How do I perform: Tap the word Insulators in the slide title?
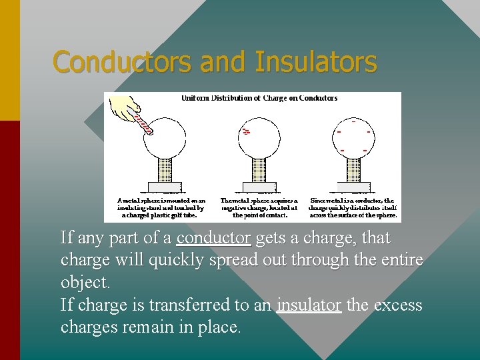pyautogui.click(x=316, y=62)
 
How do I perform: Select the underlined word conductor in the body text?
pyautogui.click(x=213, y=238)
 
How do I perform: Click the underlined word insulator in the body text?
pyautogui.click(x=309, y=305)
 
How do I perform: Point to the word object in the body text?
pyautogui.click(x=84, y=283)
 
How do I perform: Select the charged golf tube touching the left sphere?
pyautogui.click(x=143, y=125)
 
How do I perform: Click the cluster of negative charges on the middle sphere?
pyautogui.click(x=246, y=131)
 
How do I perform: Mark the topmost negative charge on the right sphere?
pyautogui.click(x=353, y=122)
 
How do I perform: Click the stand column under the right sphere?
pyautogui.click(x=353, y=169)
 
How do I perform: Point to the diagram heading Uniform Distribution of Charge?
pyautogui.click(x=259, y=98)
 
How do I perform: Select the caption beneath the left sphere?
pyautogui.click(x=161, y=207)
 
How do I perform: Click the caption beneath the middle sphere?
pyautogui.click(x=259, y=207)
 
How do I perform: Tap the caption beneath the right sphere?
pyautogui.click(x=353, y=207)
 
